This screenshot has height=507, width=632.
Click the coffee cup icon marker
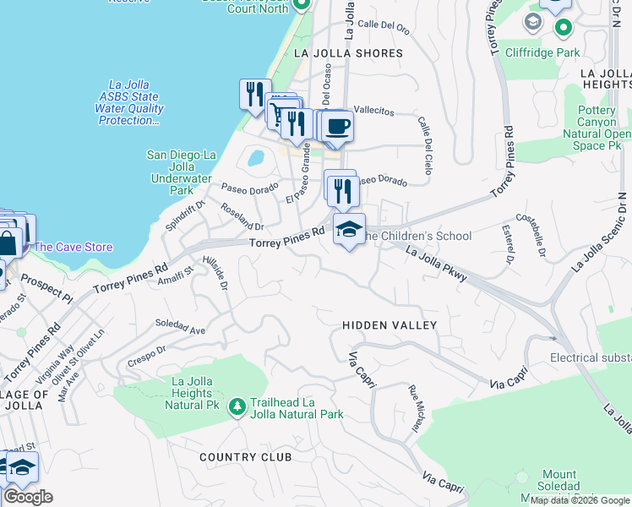click(x=338, y=127)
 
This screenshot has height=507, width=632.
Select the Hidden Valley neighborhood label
click(x=390, y=325)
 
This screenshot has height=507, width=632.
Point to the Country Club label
click(x=246, y=457)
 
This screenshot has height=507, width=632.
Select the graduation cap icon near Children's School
click(x=348, y=228)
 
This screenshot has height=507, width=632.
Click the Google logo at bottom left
click(x=28, y=496)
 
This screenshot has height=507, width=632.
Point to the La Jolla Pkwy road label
click(x=436, y=264)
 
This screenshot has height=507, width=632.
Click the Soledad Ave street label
click(x=180, y=326)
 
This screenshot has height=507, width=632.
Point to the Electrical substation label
click(x=590, y=357)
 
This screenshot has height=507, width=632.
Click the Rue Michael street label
click(x=416, y=412)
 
